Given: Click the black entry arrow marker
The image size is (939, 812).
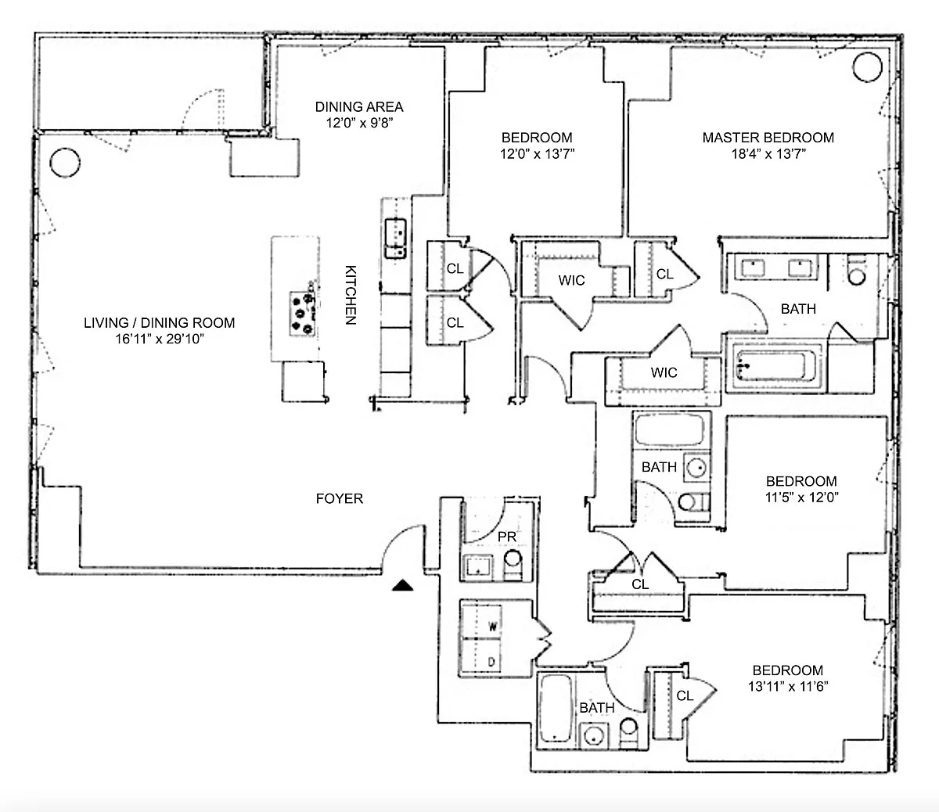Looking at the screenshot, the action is point(402,585).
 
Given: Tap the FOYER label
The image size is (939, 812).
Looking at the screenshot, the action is point(340,498).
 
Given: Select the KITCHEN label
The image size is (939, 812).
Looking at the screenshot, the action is point(351,295).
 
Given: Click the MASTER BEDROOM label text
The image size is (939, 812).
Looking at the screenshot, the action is point(768,138).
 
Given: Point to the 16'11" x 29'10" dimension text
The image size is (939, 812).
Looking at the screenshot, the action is point(160,339).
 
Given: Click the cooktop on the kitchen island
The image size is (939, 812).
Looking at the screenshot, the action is point(303,314).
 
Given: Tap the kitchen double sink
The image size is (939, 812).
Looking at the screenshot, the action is point(395,239).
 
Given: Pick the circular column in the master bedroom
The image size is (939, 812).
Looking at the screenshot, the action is point(867,67).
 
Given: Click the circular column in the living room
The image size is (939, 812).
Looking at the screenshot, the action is point(65,163).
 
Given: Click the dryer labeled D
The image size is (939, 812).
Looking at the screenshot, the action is point(481,656).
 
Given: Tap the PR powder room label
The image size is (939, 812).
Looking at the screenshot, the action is point(507,537).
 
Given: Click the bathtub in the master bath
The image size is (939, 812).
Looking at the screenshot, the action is point(776,365).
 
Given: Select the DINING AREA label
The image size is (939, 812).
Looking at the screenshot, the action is point(359,107).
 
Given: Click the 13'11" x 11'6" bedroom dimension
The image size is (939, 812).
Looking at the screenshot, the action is point(788,686).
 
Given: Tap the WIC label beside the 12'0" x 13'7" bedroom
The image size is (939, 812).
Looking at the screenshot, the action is point(571,281).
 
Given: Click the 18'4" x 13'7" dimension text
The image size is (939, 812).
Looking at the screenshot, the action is point(768,154).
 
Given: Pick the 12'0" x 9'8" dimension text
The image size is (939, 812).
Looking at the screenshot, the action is point(359,123).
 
